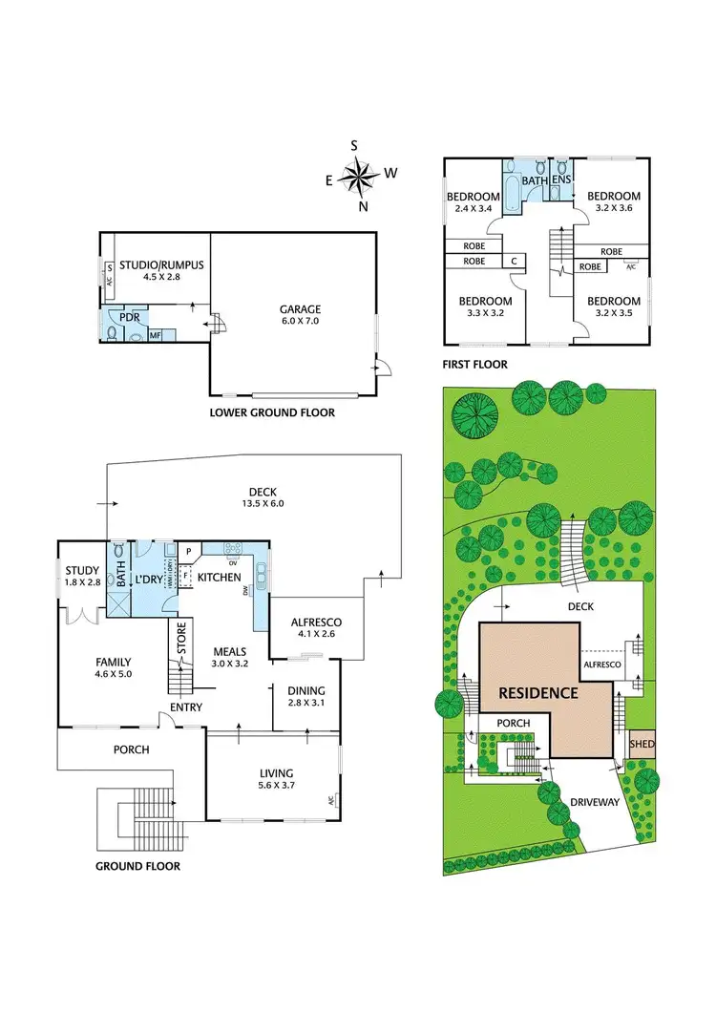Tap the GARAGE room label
click(300, 309)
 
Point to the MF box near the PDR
click(155, 336)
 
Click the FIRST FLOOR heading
click(474, 364)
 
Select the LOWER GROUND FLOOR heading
click(271, 413)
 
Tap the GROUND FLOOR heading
click(137, 867)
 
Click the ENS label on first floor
click(561, 179)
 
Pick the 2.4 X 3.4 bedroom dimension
click(473, 208)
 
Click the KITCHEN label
click(219, 578)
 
